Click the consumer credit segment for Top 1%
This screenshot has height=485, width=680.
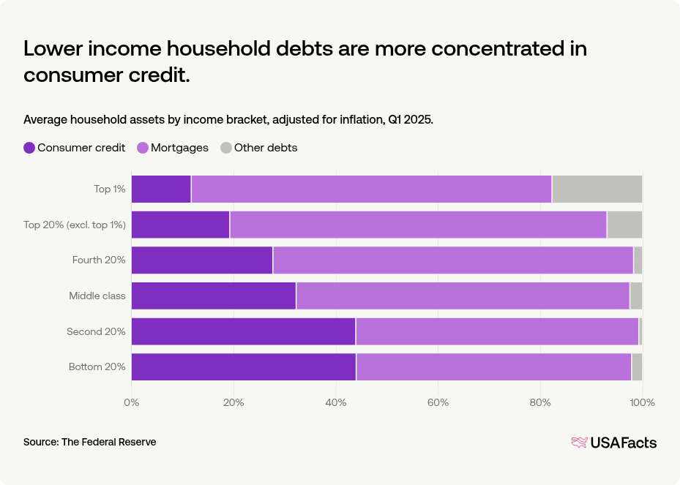tap(161, 189)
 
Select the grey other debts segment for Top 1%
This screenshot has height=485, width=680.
tap(597, 189)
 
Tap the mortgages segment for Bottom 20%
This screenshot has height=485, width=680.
tap(493, 366)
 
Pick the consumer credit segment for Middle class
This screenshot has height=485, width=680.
tap(214, 296)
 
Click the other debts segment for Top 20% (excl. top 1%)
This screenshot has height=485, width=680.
tap(624, 225)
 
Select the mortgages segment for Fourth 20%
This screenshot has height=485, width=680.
tap(452, 260)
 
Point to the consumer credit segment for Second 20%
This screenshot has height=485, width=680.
tap(243, 331)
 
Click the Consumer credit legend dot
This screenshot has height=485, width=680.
tap(29, 148)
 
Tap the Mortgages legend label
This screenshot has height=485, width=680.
tap(179, 148)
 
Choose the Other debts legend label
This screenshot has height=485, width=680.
tap(265, 148)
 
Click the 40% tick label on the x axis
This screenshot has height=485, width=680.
tap(336, 402)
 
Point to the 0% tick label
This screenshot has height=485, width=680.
tap(132, 402)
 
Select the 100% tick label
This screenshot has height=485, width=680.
tap(642, 402)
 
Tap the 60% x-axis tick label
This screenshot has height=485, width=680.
tap(438, 402)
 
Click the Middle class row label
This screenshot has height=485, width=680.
tap(97, 296)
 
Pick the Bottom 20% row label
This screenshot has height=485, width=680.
tap(97, 366)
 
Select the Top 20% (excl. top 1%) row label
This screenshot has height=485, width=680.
tap(75, 225)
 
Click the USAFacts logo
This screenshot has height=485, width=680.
tap(613, 442)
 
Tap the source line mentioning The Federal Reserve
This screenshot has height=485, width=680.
tap(89, 442)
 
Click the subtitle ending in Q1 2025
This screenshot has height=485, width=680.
tap(228, 119)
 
